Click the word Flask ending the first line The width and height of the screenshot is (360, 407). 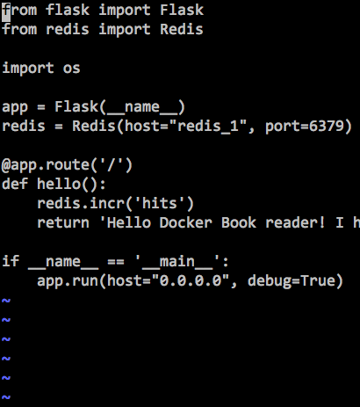tap(182, 10)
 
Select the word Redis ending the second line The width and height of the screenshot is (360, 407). tap(182, 29)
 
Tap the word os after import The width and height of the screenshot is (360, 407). tap(71, 69)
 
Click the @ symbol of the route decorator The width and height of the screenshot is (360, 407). tap(6, 165)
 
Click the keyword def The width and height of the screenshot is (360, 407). tap(15, 184)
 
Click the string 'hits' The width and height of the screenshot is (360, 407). tap(160, 203)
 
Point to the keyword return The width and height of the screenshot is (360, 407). tap(63, 223)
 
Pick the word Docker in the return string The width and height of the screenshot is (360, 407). tap(186, 222)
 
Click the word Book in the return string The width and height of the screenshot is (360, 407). tap(239, 222)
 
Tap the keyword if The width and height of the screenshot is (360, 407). tap(11, 261)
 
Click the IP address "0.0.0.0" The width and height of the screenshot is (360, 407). tap(193, 280)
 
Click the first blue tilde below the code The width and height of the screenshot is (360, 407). tap(6, 301)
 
